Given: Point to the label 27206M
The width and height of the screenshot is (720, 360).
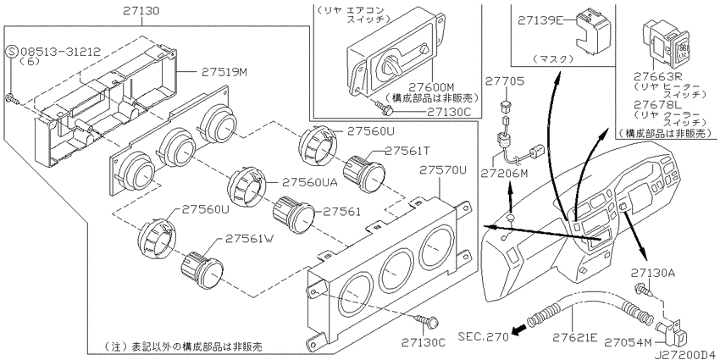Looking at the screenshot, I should (x=507, y=173).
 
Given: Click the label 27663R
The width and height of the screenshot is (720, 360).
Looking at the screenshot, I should (x=666, y=77).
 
